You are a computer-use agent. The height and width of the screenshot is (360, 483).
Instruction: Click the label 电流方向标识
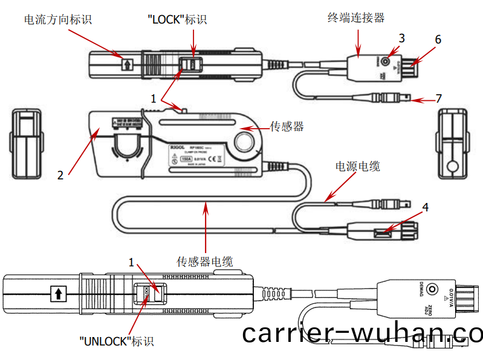[58, 20]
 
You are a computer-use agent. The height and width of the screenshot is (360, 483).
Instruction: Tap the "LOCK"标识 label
[177, 20]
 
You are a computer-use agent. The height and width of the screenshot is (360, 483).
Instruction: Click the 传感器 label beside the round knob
[286, 127]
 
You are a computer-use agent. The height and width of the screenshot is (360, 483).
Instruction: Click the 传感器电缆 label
[204, 261]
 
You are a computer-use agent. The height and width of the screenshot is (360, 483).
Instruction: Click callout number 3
[401, 38]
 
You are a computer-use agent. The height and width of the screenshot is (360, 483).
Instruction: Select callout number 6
[438, 40]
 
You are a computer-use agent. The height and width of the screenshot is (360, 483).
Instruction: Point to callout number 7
[439, 98]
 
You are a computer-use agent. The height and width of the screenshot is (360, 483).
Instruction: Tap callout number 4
[426, 207]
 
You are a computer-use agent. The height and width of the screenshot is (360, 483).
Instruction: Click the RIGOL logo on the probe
[180, 147]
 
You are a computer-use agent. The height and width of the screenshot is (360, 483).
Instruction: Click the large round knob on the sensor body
[247, 142]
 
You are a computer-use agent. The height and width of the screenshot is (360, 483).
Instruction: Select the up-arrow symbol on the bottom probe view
[58, 294]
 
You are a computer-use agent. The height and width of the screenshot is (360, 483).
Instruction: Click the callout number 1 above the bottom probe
[131, 262]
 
